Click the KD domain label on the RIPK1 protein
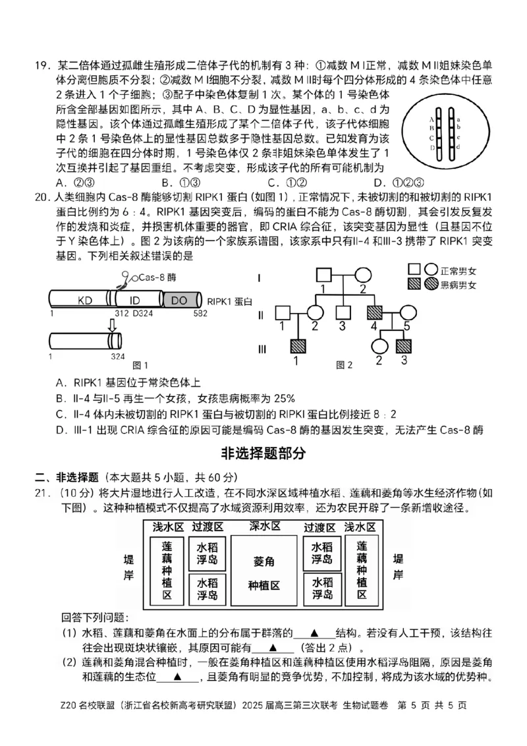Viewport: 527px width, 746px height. pos(85,301)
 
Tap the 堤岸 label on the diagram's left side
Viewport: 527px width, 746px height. pos(128,567)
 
